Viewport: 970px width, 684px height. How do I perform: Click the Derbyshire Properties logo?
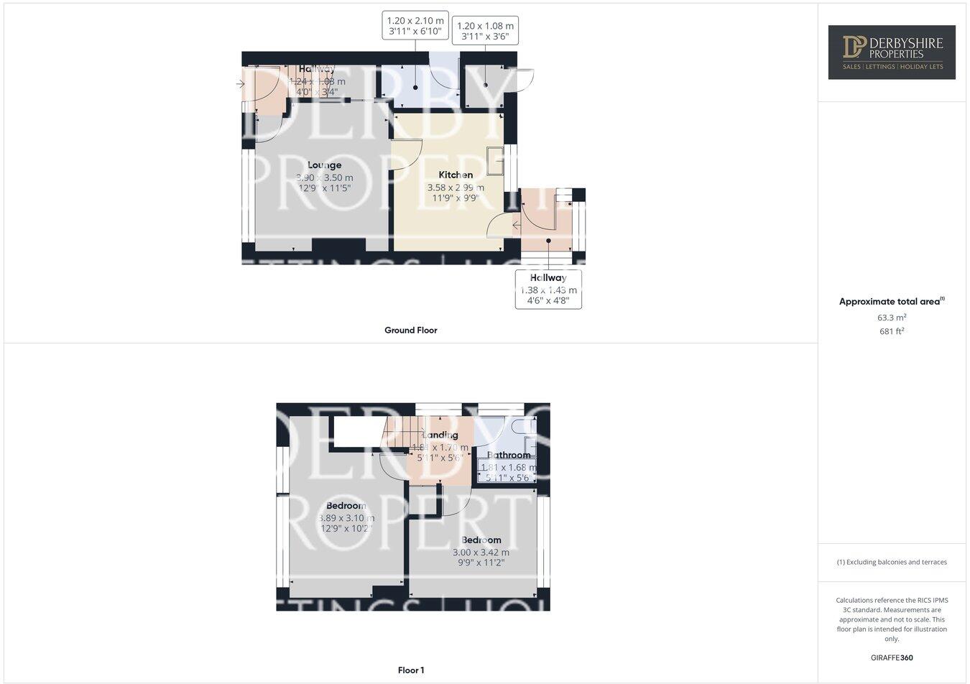tap(891, 52)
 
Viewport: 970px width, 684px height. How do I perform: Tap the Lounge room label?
tap(325, 165)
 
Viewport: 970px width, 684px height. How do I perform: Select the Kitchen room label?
tap(456, 175)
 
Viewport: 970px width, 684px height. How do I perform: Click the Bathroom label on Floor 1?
tap(509, 455)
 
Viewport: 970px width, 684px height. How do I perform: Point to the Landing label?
tap(440, 435)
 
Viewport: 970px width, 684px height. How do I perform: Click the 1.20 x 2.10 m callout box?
tap(416, 25)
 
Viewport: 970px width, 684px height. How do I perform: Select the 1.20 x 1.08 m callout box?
tap(485, 30)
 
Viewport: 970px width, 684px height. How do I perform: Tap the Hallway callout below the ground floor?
tap(548, 290)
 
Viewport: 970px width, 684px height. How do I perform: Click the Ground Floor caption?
tap(410, 331)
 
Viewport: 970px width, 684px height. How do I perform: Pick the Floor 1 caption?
tap(411, 670)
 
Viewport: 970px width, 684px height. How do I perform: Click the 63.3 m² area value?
tap(891, 318)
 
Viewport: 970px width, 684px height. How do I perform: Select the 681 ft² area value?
tap(891, 331)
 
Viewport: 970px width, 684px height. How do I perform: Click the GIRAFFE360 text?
tap(891, 657)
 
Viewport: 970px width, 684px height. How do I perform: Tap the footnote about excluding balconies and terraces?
tap(891, 563)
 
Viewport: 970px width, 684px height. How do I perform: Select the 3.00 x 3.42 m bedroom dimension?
tap(481, 553)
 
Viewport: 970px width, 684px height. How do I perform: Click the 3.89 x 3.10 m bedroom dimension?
tap(346, 518)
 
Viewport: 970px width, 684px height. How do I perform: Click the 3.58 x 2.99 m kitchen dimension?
tap(456, 188)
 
